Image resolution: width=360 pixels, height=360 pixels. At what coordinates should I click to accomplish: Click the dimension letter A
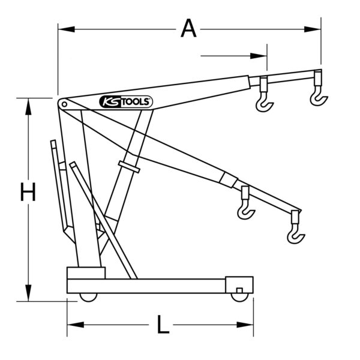(x=188, y=28)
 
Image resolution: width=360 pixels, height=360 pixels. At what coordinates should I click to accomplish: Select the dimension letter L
(x=163, y=325)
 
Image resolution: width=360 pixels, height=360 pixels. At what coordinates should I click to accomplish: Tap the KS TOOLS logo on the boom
(x=126, y=102)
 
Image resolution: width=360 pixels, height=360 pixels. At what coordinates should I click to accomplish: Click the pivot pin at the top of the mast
(x=62, y=104)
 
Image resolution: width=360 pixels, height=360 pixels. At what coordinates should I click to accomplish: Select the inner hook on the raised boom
(x=265, y=102)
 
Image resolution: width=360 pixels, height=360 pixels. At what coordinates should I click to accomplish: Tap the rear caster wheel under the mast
(x=88, y=297)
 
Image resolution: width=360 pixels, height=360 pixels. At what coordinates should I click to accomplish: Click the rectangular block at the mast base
(x=86, y=273)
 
